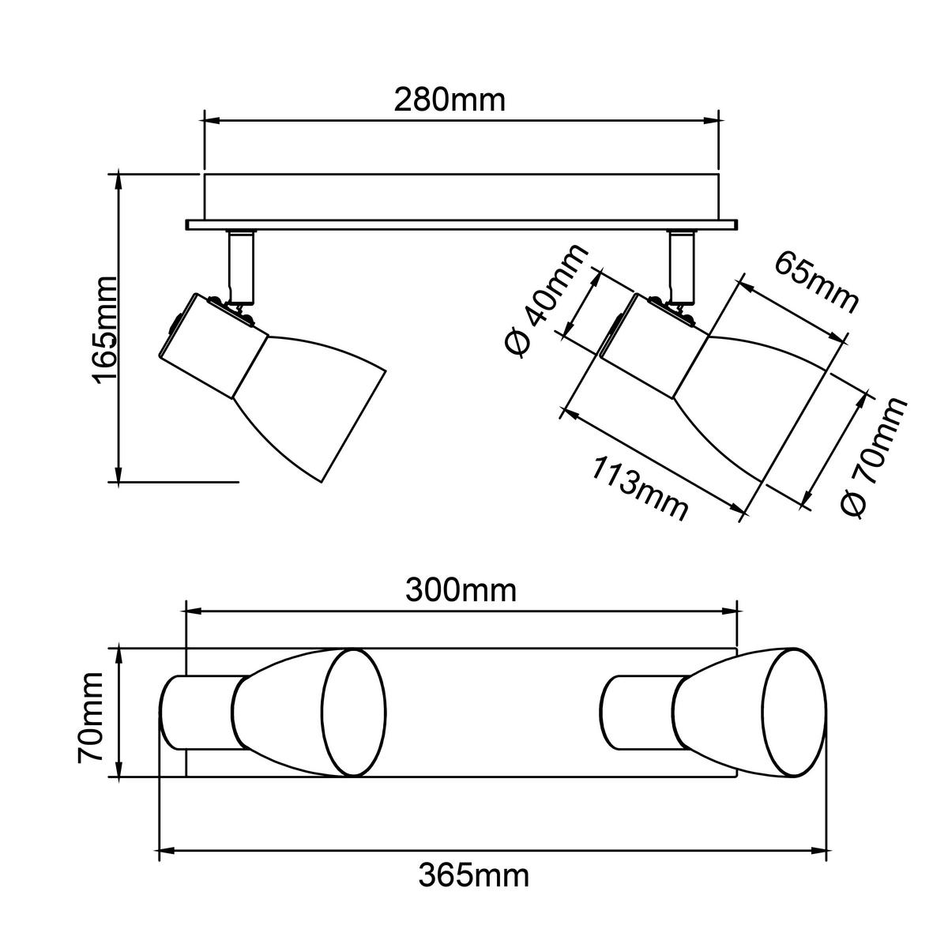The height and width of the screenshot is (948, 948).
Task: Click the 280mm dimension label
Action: click(x=450, y=100)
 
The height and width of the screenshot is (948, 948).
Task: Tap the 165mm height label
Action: click(x=104, y=330)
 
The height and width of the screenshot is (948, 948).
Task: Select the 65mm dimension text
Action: click(x=816, y=283)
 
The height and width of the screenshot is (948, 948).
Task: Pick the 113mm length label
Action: click(x=639, y=488)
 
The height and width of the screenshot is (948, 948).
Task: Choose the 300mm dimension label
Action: click(x=461, y=590)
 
